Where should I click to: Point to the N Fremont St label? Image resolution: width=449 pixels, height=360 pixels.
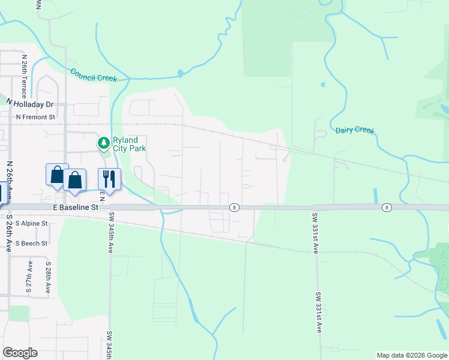point(35,117)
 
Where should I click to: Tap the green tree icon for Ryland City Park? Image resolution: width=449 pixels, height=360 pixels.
point(103,143)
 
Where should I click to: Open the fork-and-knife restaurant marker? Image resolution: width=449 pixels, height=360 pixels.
point(109,178)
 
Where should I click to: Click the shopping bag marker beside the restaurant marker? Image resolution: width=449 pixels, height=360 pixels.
point(74,180)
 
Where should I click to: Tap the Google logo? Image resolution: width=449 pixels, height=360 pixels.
point(20,353)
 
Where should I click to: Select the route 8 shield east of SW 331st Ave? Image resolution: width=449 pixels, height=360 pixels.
point(387,207)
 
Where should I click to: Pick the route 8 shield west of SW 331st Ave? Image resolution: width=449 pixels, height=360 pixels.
point(234,207)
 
